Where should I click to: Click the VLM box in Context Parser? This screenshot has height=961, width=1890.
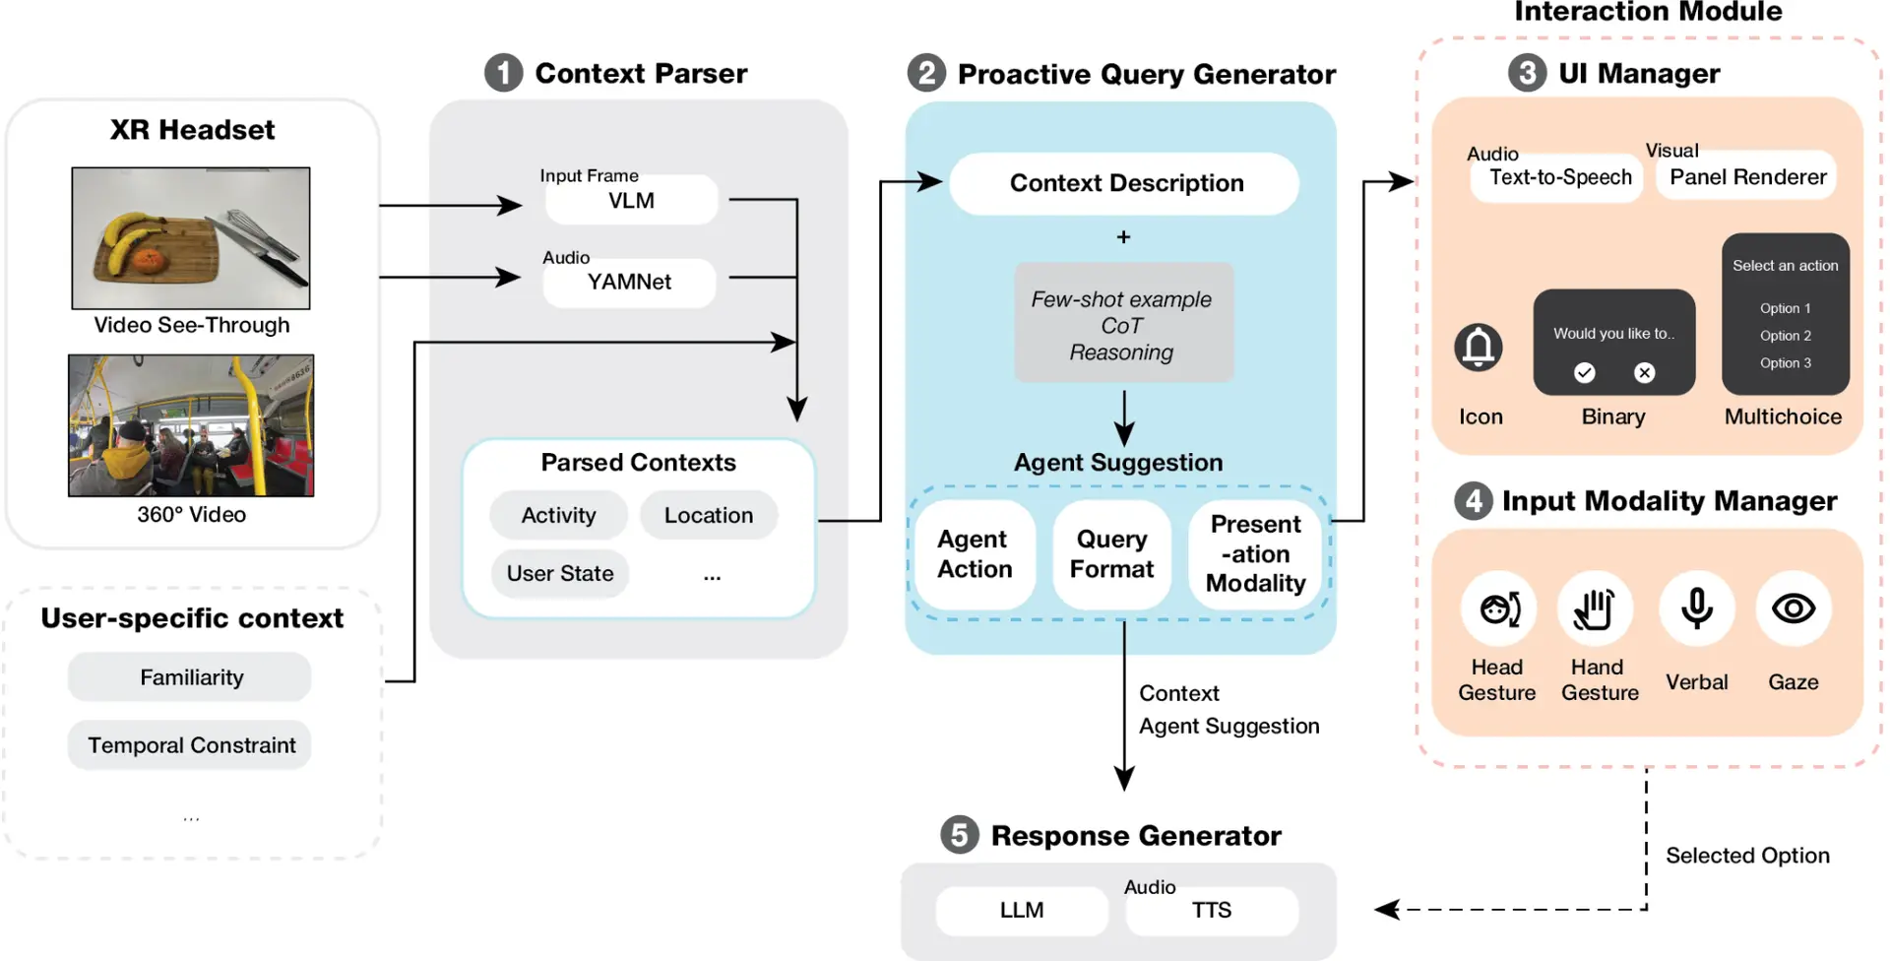pyautogui.click(x=631, y=201)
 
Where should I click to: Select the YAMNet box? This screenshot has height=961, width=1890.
pyautogui.click(x=629, y=283)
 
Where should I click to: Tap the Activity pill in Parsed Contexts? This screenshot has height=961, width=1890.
pyautogui.click(x=558, y=515)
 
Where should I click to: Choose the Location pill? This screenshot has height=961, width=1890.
pyautogui.click(x=708, y=515)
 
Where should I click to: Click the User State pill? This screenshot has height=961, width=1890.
pyautogui.click(x=559, y=573)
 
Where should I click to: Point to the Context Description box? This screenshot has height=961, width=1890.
pyautogui.click(x=1125, y=183)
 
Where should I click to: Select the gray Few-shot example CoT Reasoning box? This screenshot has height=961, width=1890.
pyautogui.click(x=1122, y=324)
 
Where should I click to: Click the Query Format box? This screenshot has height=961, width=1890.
pyautogui.click(x=1111, y=554)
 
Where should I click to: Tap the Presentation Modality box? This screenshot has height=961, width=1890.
pyautogui.click(x=1255, y=554)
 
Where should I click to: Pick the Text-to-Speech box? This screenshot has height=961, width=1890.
pyautogui.click(x=1559, y=178)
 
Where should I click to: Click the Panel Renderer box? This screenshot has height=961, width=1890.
pyautogui.click(x=1747, y=177)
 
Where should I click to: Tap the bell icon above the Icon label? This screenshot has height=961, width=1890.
pyautogui.click(x=1478, y=347)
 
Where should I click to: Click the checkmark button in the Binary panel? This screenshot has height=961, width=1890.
pyautogui.click(x=1584, y=372)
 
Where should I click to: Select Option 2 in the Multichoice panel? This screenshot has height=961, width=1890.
pyautogui.click(x=1785, y=336)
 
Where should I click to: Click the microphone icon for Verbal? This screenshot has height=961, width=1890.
pyautogui.click(x=1696, y=609)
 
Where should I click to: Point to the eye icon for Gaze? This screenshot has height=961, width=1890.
pyautogui.click(x=1793, y=609)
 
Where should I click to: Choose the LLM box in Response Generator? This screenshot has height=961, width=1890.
pyautogui.click(x=1021, y=911)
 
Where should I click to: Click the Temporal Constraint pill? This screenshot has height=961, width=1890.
pyautogui.click(x=191, y=745)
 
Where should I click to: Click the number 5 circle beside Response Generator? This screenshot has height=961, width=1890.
pyautogui.click(x=959, y=835)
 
